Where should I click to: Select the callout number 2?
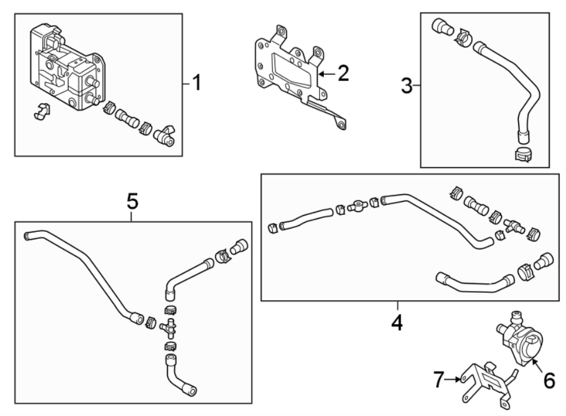pyautogui.click(x=343, y=74)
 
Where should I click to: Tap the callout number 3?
pyautogui.click(x=408, y=85)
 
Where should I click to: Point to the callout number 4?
pyautogui.click(x=397, y=322)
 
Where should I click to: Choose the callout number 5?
pyautogui.click(x=132, y=201)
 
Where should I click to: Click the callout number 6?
pyautogui.click(x=549, y=380)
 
